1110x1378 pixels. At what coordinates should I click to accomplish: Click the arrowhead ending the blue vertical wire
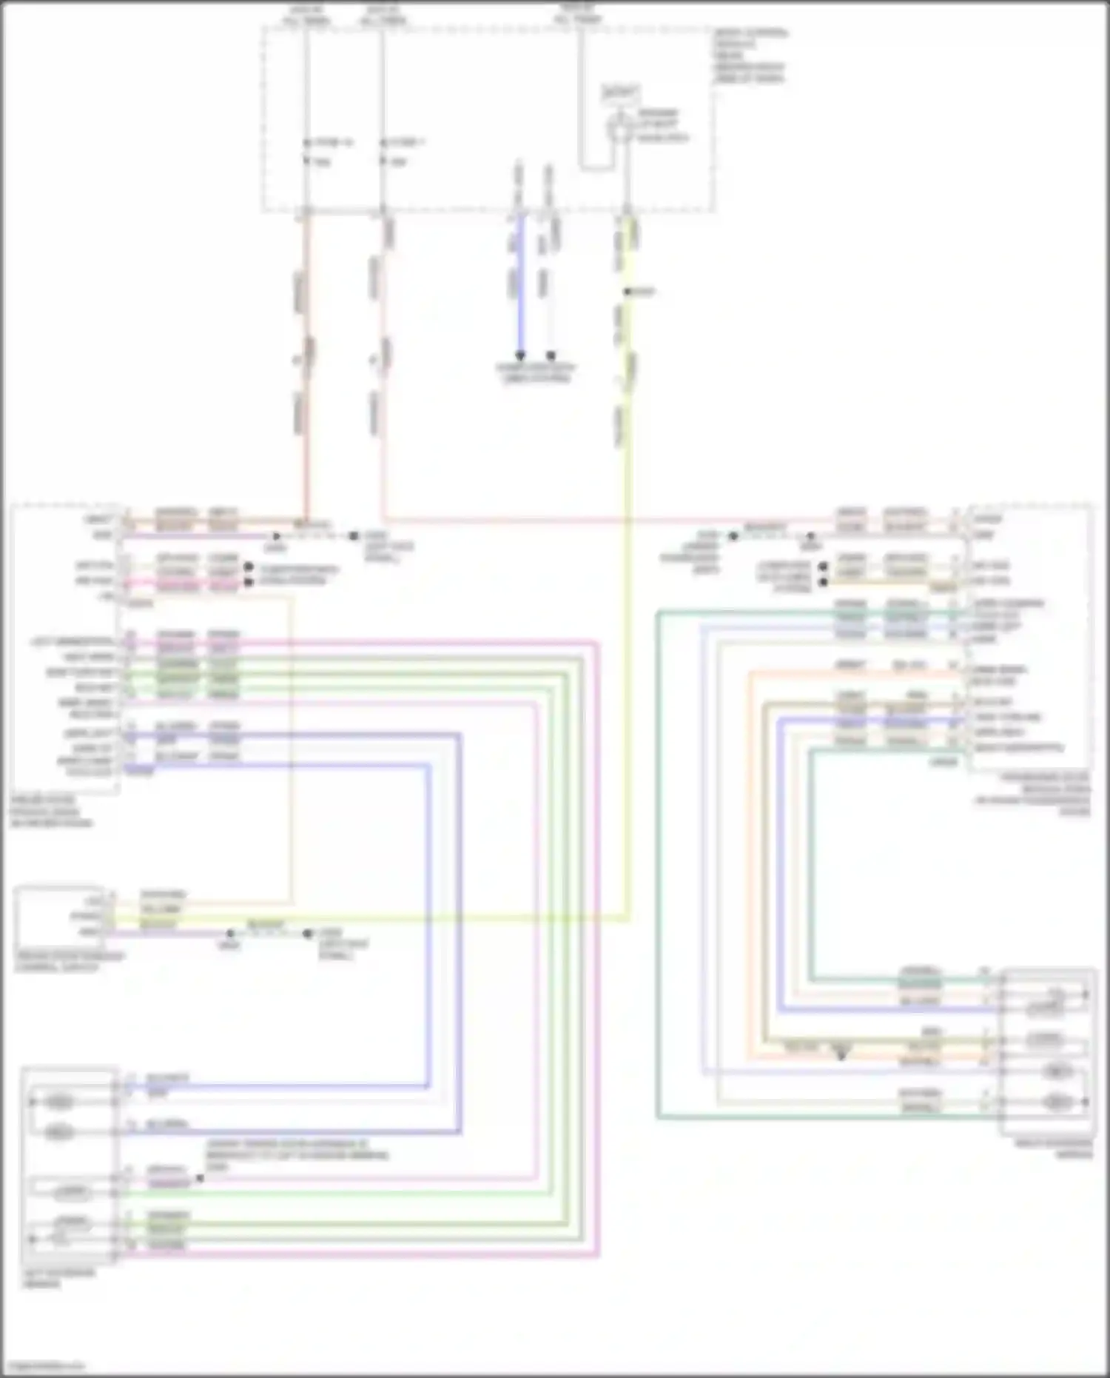[x=520, y=355]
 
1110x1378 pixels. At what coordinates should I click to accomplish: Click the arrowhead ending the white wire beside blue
[x=551, y=355]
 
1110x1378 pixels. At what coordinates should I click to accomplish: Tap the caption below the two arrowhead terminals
[x=536, y=373]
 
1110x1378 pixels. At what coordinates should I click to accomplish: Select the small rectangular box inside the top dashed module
[x=621, y=93]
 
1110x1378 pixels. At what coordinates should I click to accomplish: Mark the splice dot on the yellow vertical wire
[x=627, y=292]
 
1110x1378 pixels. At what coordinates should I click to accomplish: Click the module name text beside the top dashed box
[x=749, y=56]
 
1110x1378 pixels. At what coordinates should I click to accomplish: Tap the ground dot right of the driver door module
[x=354, y=535]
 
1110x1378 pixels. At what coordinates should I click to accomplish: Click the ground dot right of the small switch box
[x=308, y=933]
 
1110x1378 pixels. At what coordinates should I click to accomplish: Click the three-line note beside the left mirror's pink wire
[x=296, y=1155]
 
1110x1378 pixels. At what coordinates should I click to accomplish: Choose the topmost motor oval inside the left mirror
[x=60, y=1103]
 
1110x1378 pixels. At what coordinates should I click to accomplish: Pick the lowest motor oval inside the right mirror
[x=1057, y=1103]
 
